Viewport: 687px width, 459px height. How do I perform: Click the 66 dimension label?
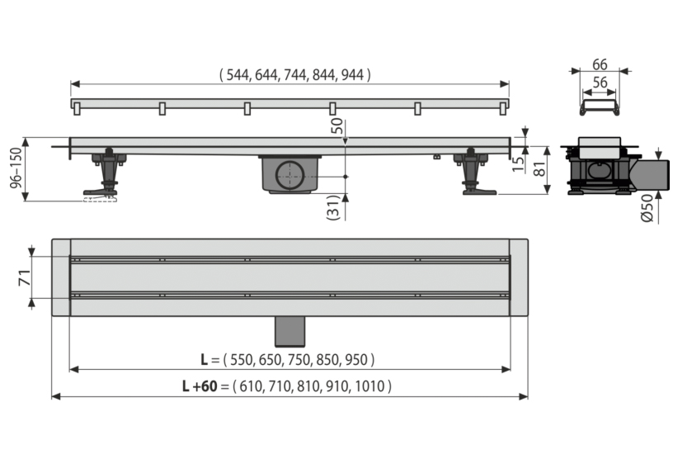pos(600,64)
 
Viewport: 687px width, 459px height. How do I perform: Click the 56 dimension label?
pos(600,83)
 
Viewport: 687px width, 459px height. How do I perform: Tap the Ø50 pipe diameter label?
pos(647,208)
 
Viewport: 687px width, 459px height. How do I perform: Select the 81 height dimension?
pos(539,168)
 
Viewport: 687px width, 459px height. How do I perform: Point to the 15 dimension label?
pos(518,164)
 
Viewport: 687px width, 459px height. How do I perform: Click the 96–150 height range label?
pos(16,168)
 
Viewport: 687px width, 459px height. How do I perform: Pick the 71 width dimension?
pos(25,277)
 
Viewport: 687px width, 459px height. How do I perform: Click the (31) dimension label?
pos(333,207)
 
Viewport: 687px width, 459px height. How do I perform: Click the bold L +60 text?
pos(200,386)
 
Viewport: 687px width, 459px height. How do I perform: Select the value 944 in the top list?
pos(352,75)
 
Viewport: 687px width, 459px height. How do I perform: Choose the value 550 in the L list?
pos(242,360)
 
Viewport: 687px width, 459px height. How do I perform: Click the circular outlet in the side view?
pos(289,175)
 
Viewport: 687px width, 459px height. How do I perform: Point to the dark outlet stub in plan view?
pos(289,331)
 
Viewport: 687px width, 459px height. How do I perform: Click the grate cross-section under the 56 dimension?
pos(600,107)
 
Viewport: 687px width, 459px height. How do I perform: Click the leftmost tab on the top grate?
pos(78,109)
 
